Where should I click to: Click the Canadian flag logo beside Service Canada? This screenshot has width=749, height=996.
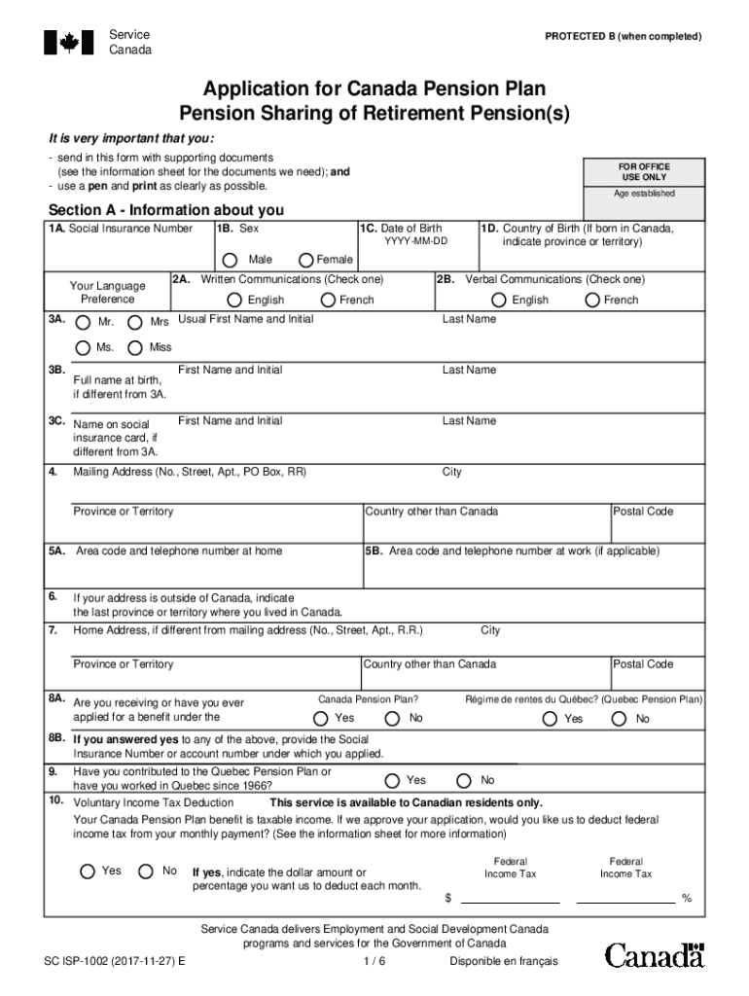pyautogui.click(x=68, y=42)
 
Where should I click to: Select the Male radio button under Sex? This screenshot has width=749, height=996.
pyautogui.click(x=230, y=260)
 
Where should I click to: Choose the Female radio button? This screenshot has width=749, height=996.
pyautogui.click(x=306, y=260)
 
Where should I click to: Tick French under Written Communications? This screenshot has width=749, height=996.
pyautogui.click(x=328, y=300)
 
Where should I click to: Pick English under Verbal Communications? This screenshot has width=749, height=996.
pyautogui.click(x=499, y=300)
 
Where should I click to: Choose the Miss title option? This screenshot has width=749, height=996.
pyautogui.click(x=135, y=347)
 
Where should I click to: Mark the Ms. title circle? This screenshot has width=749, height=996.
pyautogui.click(x=84, y=347)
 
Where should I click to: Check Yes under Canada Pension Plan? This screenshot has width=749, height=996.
pyautogui.click(x=320, y=719)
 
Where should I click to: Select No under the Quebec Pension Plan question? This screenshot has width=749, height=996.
pyautogui.click(x=619, y=719)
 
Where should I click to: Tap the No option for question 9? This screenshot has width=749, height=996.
pyautogui.click(x=464, y=780)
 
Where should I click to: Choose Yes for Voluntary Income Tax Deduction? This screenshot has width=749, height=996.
pyautogui.click(x=87, y=871)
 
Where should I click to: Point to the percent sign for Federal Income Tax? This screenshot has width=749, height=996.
pyautogui.click(x=687, y=898)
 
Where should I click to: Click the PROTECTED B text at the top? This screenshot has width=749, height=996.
pyautogui.click(x=623, y=37)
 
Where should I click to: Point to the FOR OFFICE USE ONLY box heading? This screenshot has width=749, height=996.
pyautogui.click(x=643, y=172)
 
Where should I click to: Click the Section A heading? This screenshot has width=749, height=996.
pyautogui.click(x=166, y=210)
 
